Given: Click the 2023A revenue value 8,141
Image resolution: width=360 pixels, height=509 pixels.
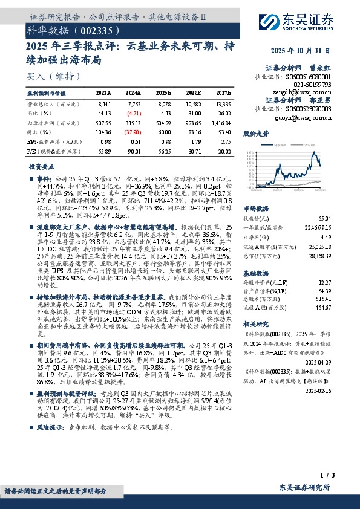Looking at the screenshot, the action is pyautogui.click(x=104, y=105).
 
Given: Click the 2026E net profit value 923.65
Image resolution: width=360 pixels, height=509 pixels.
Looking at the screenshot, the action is pyautogui.click(x=193, y=122).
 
